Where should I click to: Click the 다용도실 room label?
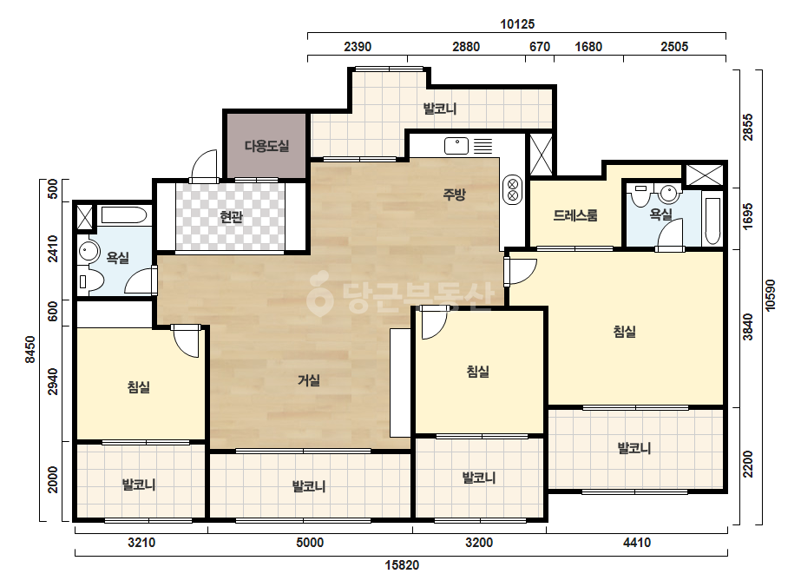(266, 146)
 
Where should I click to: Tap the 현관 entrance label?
(231, 217)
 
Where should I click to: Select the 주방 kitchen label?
(454, 194)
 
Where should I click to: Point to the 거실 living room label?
(309, 380)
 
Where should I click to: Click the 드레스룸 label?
(575, 215)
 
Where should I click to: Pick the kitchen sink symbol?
(456, 146)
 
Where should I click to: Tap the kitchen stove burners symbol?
(512, 189)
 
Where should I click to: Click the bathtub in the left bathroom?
(124, 214)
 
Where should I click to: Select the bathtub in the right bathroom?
(712, 220)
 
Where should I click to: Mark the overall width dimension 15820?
(402, 565)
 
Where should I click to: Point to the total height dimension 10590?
(771, 294)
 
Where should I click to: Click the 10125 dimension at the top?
(517, 24)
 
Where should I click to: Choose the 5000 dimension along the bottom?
(310, 542)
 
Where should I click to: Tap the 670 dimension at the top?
(540, 47)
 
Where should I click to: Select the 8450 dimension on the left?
(30, 349)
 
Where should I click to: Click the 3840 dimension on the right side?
(747, 326)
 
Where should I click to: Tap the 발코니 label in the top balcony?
(439, 109)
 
